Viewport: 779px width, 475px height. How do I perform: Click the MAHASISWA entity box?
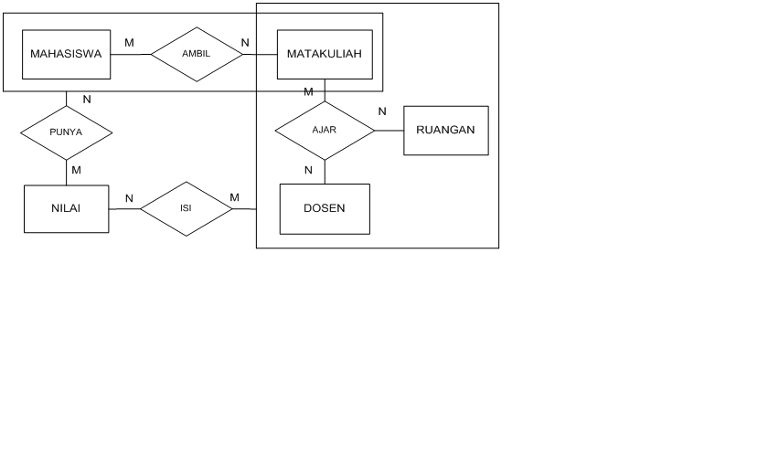point(66,54)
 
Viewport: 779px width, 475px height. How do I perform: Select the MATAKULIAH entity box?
point(324,54)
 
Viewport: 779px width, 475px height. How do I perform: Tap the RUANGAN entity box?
point(445,130)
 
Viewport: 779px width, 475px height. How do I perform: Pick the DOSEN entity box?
point(324,208)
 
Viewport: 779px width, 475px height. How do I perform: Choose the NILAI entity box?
point(66,208)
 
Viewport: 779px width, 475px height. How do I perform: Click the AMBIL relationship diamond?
point(197,54)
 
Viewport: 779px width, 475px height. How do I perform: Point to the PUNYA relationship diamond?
point(66,132)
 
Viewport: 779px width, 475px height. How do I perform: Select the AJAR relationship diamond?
point(325,130)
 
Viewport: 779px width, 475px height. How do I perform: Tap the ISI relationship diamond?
point(186,209)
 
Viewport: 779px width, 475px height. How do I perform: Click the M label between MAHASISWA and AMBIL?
point(129,42)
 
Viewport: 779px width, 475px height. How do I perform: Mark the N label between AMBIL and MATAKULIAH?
point(245,42)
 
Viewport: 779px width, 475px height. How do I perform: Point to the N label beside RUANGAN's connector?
point(382,111)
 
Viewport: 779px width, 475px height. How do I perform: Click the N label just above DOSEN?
point(308,170)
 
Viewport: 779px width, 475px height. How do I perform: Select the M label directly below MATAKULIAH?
point(308,91)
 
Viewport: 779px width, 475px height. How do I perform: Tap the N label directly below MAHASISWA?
point(87,99)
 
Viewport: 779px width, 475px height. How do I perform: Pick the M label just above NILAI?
point(76,170)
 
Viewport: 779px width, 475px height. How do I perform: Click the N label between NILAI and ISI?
point(129,198)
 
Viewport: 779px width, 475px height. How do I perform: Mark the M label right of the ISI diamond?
point(235,197)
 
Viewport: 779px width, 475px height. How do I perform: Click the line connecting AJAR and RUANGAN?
point(389,130)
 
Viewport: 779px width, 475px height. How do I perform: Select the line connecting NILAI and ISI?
point(124,209)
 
